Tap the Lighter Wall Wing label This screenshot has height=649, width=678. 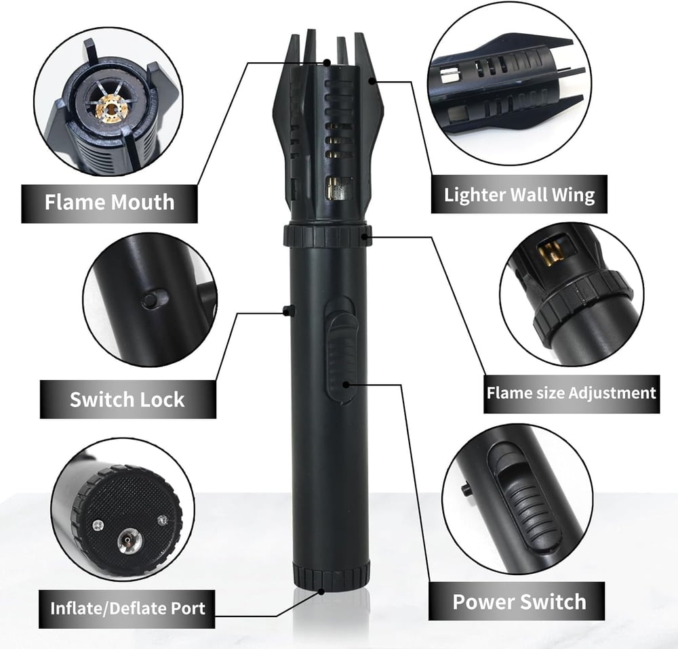pos(519,195)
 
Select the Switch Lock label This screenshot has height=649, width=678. pos(127,399)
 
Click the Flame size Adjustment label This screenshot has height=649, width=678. pos(572,393)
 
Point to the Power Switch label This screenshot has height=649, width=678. pos(519,601)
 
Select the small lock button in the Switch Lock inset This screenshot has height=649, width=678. pos(153,299)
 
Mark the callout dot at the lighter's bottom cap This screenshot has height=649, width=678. pos(322,590)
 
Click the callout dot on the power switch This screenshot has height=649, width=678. pos(346,385)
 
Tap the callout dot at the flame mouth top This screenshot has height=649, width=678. pos(327,63)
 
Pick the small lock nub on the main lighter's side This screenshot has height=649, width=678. pos(289,311)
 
